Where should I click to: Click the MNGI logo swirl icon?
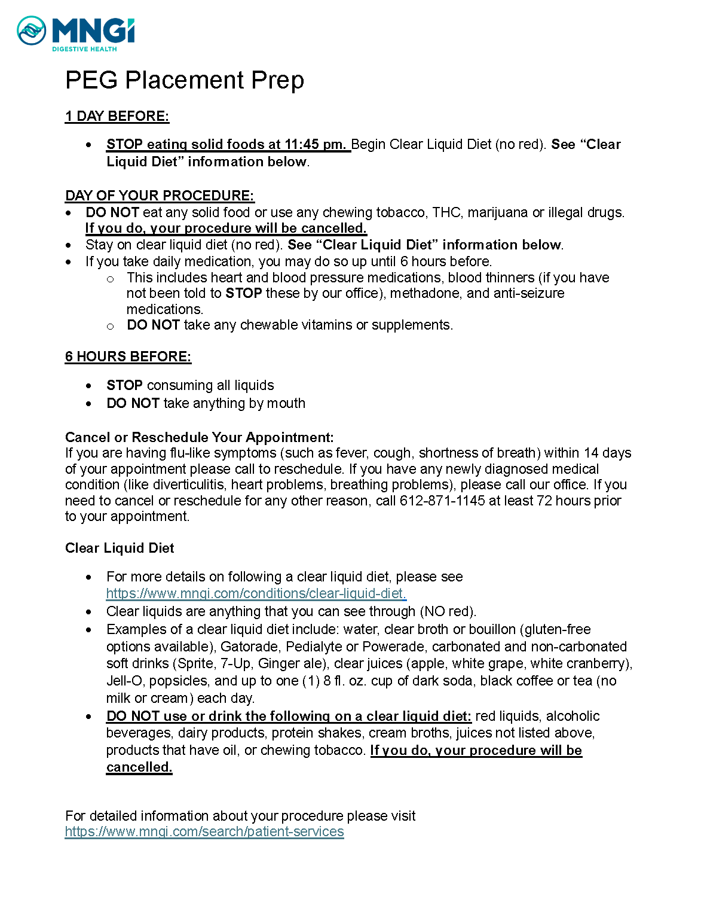31,31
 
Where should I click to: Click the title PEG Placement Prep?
185,80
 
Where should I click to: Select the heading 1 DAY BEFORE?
117,116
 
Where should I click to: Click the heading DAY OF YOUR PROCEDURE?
160,196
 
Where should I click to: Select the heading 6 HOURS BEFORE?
128,357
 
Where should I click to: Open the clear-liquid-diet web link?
256,593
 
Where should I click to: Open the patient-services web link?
204,831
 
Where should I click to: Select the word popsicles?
179,681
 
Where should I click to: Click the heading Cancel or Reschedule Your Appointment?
199,437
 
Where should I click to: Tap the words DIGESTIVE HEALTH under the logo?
84,49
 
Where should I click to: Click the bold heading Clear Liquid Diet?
120,548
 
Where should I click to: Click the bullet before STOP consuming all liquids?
89,386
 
